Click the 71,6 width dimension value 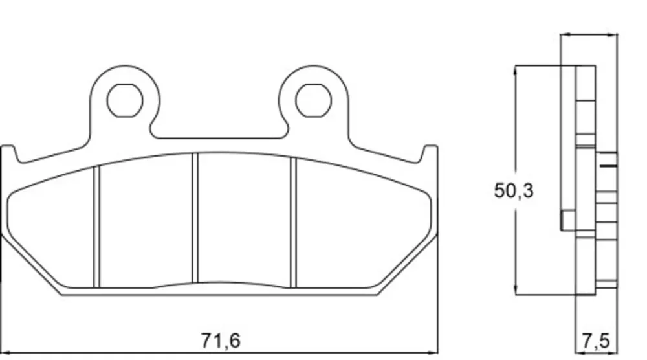click(221, 341)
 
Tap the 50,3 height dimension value click(514, 191)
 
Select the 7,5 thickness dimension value click(596, 341)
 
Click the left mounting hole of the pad click(125, 100)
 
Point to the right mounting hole click(313, 100)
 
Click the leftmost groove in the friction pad click(97, 227)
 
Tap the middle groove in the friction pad click(195, 218)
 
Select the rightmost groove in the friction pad click(293, 222)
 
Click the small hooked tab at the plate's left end click(11, 153)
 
